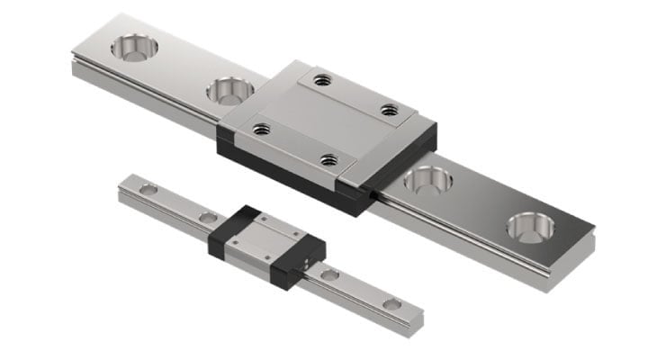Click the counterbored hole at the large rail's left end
131,48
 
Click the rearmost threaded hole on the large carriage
325,80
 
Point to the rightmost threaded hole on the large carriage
389,110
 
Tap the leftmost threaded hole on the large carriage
262,130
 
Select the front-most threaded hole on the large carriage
328,162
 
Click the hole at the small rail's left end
149,189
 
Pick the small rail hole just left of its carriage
209,217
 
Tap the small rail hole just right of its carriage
330,274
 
